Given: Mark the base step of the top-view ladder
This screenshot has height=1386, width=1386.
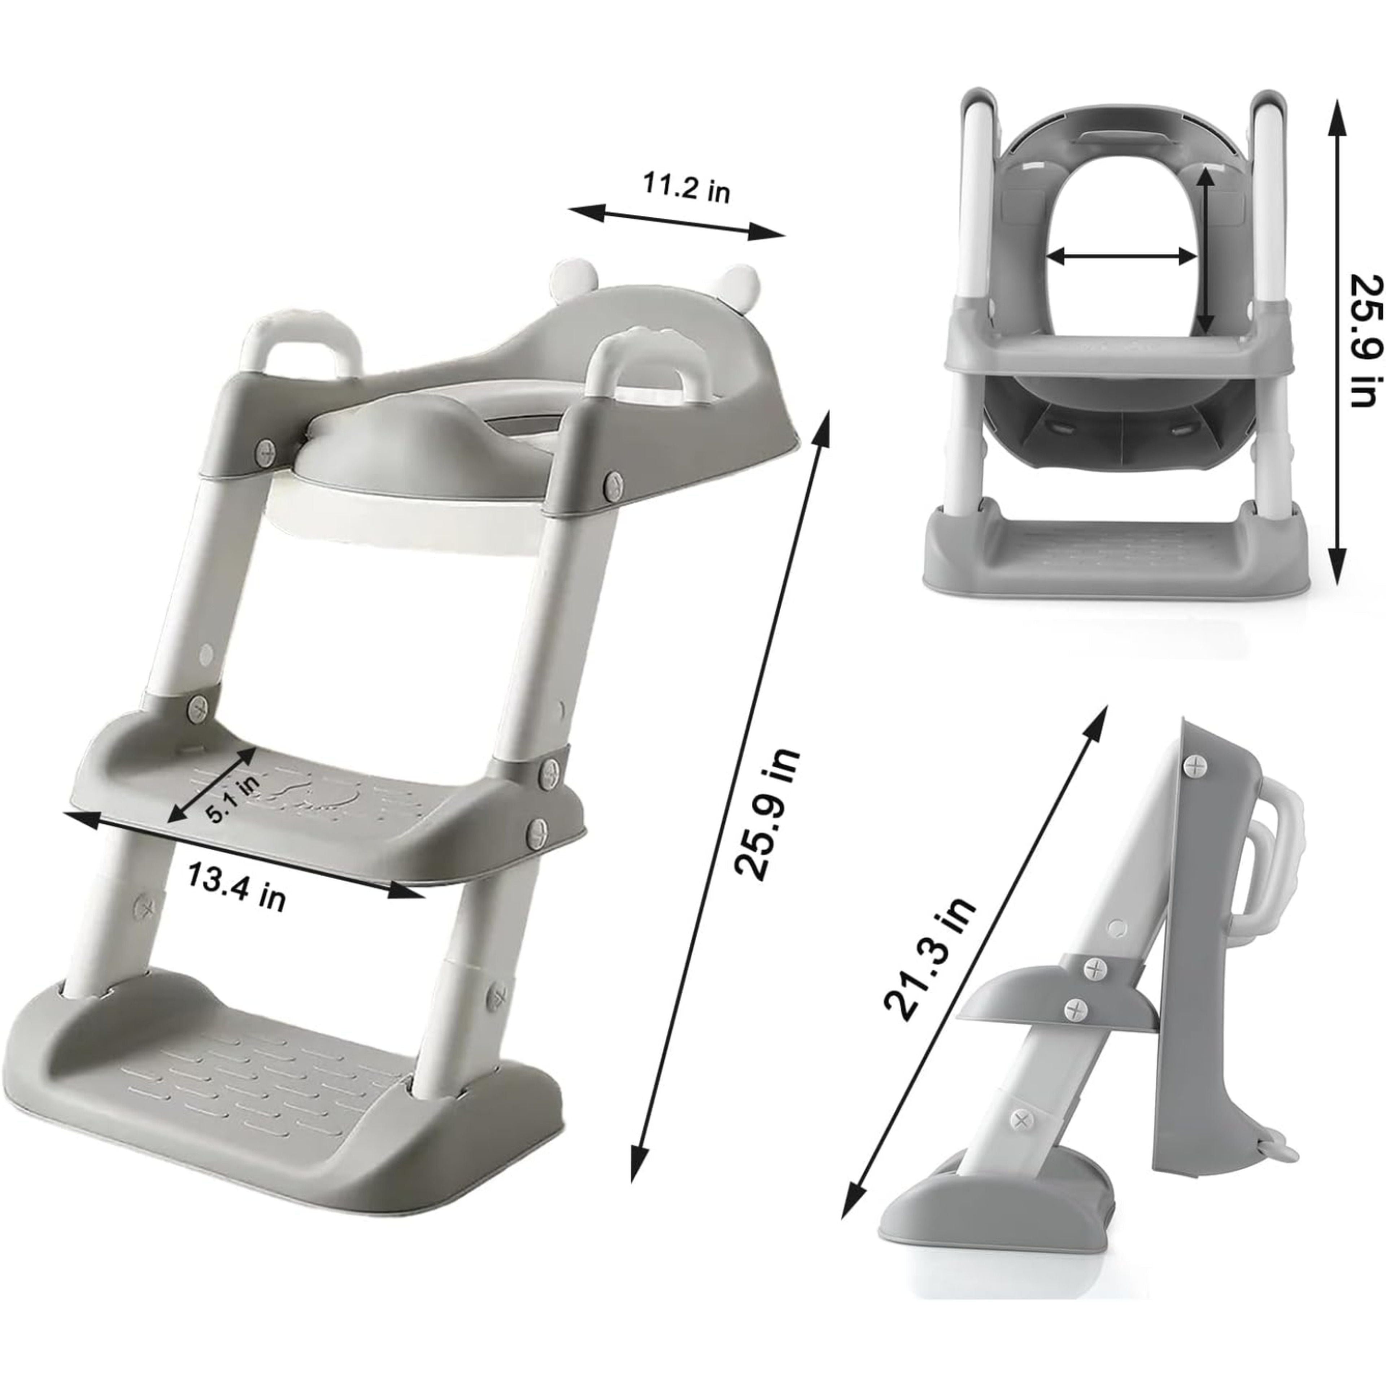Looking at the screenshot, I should click(1116, 556).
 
